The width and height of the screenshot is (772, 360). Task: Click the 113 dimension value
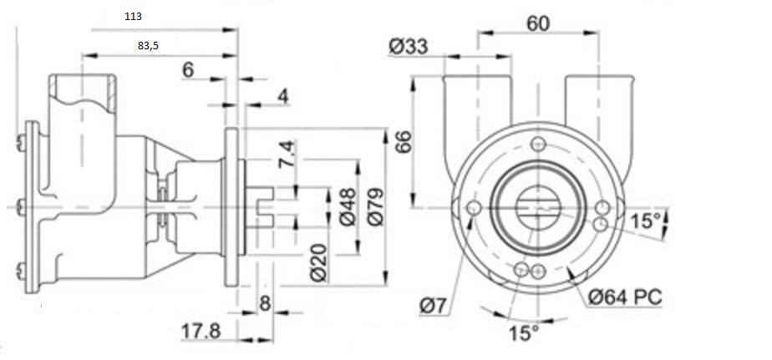133,16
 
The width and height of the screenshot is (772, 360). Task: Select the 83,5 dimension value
148,46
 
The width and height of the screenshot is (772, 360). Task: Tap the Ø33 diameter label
409,47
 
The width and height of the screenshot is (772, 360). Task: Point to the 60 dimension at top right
538,23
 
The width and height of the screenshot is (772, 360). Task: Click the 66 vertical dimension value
404,142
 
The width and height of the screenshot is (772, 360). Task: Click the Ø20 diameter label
319,263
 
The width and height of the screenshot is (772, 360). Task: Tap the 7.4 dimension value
287,155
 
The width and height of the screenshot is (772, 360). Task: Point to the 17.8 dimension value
201,332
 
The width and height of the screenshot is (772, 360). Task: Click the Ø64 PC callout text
625,297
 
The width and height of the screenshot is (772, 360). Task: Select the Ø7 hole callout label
434,307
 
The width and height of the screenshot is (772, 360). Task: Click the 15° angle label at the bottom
525,333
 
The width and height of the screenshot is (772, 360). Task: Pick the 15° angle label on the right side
647,221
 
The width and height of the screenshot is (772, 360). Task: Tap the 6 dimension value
188,70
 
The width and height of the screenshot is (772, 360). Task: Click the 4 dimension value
282,97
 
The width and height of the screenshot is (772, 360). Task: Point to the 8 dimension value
265,303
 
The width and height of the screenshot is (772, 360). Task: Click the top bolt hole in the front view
539,145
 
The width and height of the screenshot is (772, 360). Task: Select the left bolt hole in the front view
474,207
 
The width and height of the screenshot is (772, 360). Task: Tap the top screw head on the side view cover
20,143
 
